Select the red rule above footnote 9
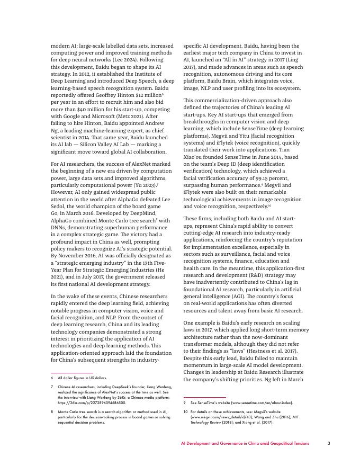(x=204, y=397)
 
